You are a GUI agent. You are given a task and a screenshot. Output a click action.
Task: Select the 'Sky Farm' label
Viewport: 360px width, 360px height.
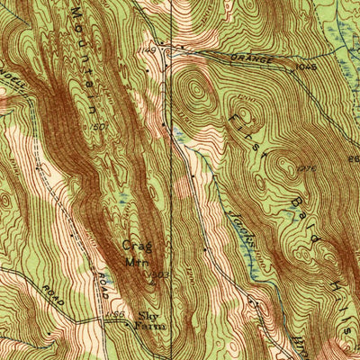coord(146,322)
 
